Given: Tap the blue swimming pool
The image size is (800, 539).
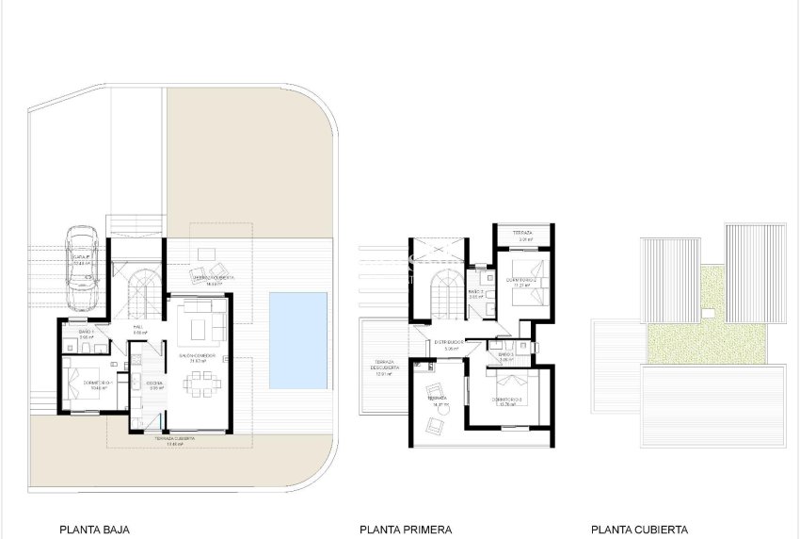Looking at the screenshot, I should tap(297, 339).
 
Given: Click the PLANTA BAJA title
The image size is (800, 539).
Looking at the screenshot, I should tap(94, 530).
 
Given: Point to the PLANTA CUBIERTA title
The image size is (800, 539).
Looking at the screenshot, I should tap(639, 530).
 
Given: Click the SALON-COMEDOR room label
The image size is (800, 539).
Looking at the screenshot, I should tap(199, 356).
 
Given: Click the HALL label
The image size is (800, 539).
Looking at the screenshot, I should tap(137, 328).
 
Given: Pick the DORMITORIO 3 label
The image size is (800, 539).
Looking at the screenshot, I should tap(509, 400).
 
